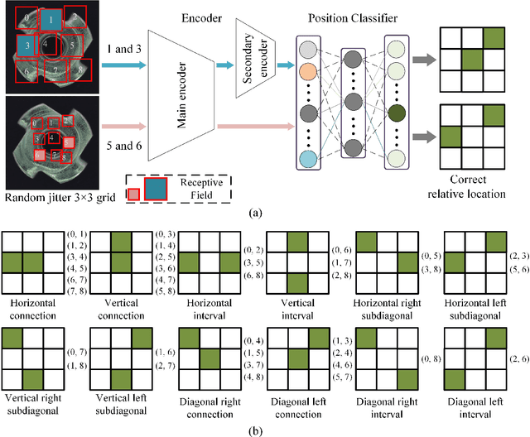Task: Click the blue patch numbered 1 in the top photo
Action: coord(51,19)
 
